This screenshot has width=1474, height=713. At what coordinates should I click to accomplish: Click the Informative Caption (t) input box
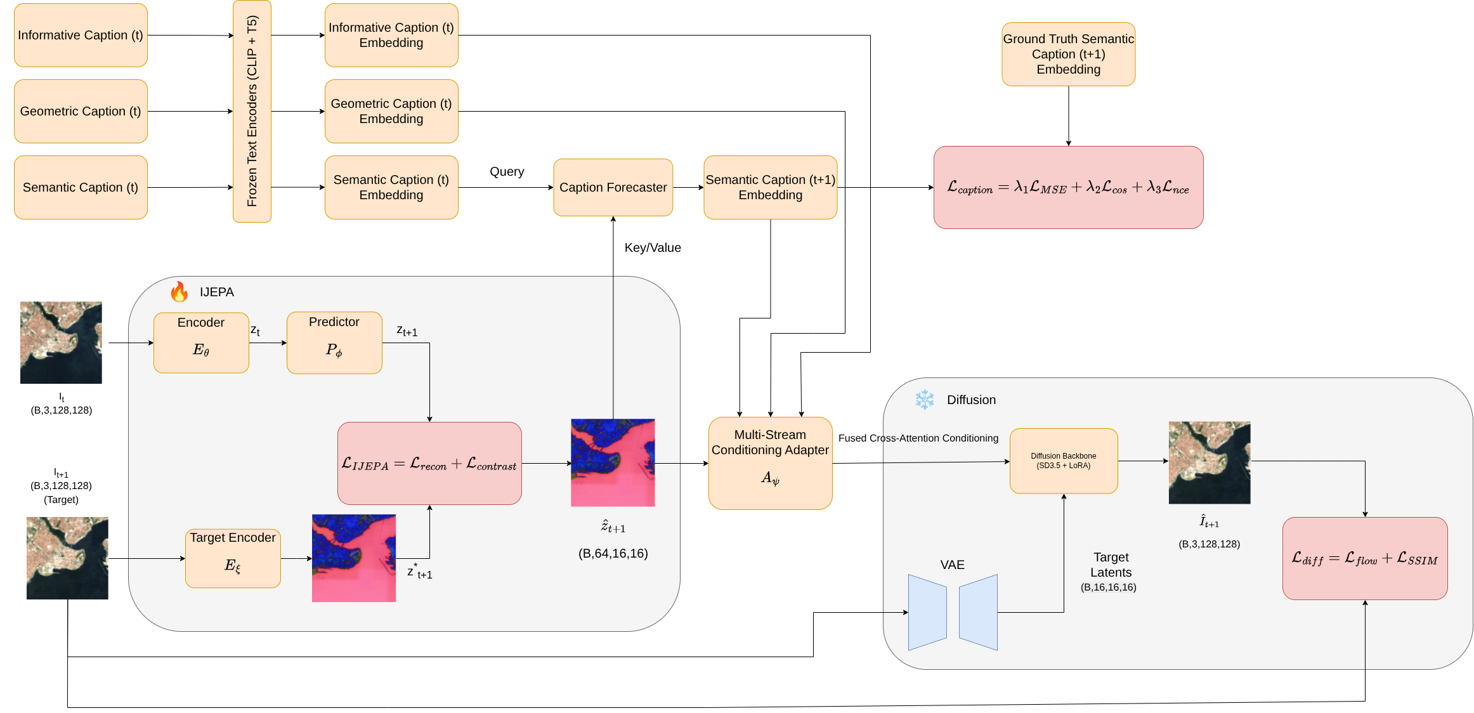tap(81, 35)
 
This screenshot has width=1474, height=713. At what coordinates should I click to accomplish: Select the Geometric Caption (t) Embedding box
tap(391, 111)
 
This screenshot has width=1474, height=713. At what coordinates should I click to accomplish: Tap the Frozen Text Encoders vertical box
tap(252, 111)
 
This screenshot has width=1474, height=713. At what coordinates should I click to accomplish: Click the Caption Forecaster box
tap(613, 187)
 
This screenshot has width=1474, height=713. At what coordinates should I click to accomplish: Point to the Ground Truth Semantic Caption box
tap(1068, 54)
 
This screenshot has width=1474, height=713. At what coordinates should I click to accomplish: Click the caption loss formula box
tap(1068, 187)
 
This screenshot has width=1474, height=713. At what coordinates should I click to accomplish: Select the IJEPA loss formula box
tap(429, 463)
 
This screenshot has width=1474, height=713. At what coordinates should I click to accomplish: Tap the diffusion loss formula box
tap(1365, 558)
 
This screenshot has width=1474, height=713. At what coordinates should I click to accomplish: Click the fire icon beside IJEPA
tap(179, 292)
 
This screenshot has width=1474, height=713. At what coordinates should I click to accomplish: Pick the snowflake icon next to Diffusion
tap(925, 400)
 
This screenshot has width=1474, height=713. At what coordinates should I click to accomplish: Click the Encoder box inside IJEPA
tap(201, 343)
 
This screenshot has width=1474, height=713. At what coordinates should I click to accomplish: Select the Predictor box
tap(334, 343)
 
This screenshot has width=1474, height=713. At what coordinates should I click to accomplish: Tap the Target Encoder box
tap(233, 558)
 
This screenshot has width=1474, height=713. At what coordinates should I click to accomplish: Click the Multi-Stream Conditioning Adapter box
tap(770, 463)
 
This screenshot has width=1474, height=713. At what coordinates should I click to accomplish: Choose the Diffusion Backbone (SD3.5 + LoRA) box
tap(1064, 461)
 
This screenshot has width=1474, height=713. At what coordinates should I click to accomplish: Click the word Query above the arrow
tap(507, 172)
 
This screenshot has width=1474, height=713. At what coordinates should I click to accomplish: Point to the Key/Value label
tap(653, 247)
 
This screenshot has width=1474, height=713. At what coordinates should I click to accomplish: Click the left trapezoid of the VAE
tap(927, 612)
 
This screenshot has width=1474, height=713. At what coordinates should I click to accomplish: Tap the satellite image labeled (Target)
tap(67, 558)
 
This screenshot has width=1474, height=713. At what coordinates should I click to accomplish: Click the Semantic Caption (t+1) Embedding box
tap(770, 187)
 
